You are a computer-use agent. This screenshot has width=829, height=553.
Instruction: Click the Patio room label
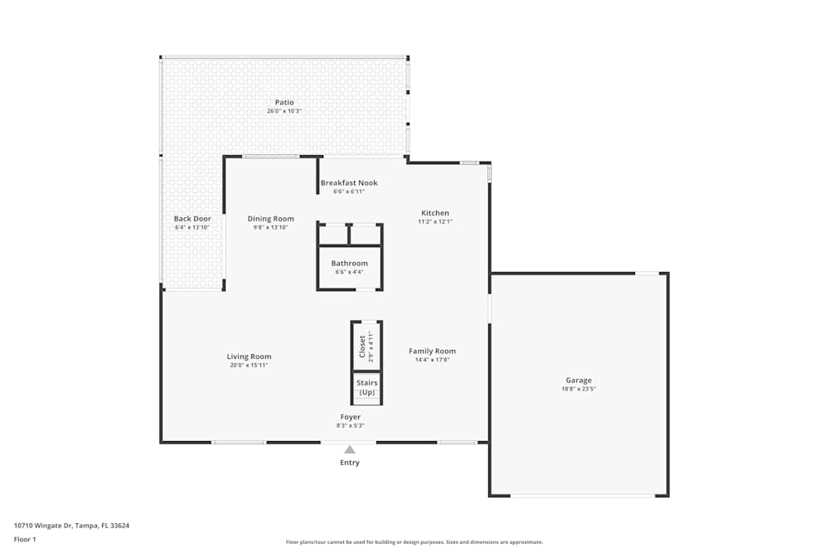click(x=284, y=103)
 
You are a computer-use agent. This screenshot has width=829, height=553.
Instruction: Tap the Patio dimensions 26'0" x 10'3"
click(x=284, y=111)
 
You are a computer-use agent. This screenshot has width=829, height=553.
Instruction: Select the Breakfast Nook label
click(x=349, y=183)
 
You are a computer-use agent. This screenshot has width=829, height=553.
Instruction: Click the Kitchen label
click(x=435, y=213)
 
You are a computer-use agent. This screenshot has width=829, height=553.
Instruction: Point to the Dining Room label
click(x=271, y=219)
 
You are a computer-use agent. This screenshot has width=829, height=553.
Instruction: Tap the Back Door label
click(x=192, y=219)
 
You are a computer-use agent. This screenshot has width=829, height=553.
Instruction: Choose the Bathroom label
click(x=349, y=264)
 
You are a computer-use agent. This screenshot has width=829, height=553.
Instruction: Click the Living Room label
click(x=249, y=357)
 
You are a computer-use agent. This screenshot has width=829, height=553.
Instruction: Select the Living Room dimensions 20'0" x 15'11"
click(x=249, y=366)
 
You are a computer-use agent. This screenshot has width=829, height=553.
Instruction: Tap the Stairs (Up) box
click(x=366, y=387)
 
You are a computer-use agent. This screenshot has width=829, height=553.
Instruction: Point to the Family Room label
click(x=432, y=352)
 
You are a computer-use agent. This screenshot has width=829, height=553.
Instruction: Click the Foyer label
click(x=350, y=417)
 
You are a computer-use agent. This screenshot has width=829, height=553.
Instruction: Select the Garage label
click(x=579, y=381)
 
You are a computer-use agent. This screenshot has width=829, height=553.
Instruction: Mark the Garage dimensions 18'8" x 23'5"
click(x=579, y=389)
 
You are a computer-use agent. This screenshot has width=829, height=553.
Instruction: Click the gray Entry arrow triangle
click(x=350, y=450)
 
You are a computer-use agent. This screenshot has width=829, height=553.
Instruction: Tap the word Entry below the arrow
click(x=350, y=463)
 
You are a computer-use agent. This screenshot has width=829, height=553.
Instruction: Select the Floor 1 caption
click(x=25, y=539)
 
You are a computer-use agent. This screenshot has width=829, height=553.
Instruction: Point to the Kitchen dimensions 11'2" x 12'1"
click(x=435, y=221)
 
